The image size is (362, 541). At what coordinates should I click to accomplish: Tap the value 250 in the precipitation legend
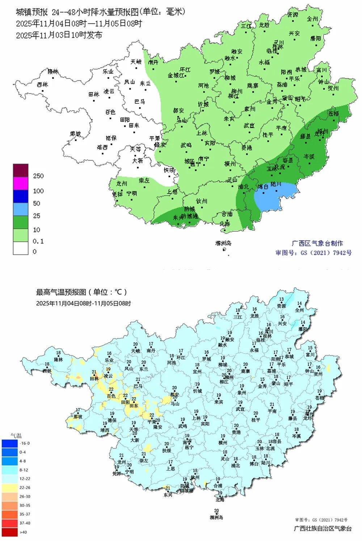(x=38, y=176)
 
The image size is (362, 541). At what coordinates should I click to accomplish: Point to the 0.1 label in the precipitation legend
(x=38, y=241)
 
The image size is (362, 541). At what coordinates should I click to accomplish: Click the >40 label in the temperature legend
(x=23, y=532)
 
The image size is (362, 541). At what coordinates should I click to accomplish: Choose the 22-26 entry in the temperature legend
(x=25, y=488)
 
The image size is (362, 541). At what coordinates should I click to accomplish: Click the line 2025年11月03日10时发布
(x=59, y=35)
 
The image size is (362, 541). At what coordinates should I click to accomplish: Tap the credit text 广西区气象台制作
(x=317, y=243)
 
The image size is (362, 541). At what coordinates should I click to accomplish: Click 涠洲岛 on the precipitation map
(x=223, y=243)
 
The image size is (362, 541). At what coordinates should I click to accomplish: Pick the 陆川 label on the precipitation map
(x=276, y=184)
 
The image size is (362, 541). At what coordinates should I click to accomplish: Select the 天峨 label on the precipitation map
(x=136, y=62)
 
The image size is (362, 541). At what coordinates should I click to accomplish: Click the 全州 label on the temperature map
(x=299, y=310)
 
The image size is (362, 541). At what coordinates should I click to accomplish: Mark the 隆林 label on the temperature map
(x=58, y=359)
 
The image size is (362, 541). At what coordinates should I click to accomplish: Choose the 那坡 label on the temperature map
(x=78, y=417)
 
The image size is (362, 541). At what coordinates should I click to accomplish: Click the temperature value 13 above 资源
(x=281, y=300)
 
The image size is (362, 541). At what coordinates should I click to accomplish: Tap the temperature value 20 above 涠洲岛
(x=216, y=511)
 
